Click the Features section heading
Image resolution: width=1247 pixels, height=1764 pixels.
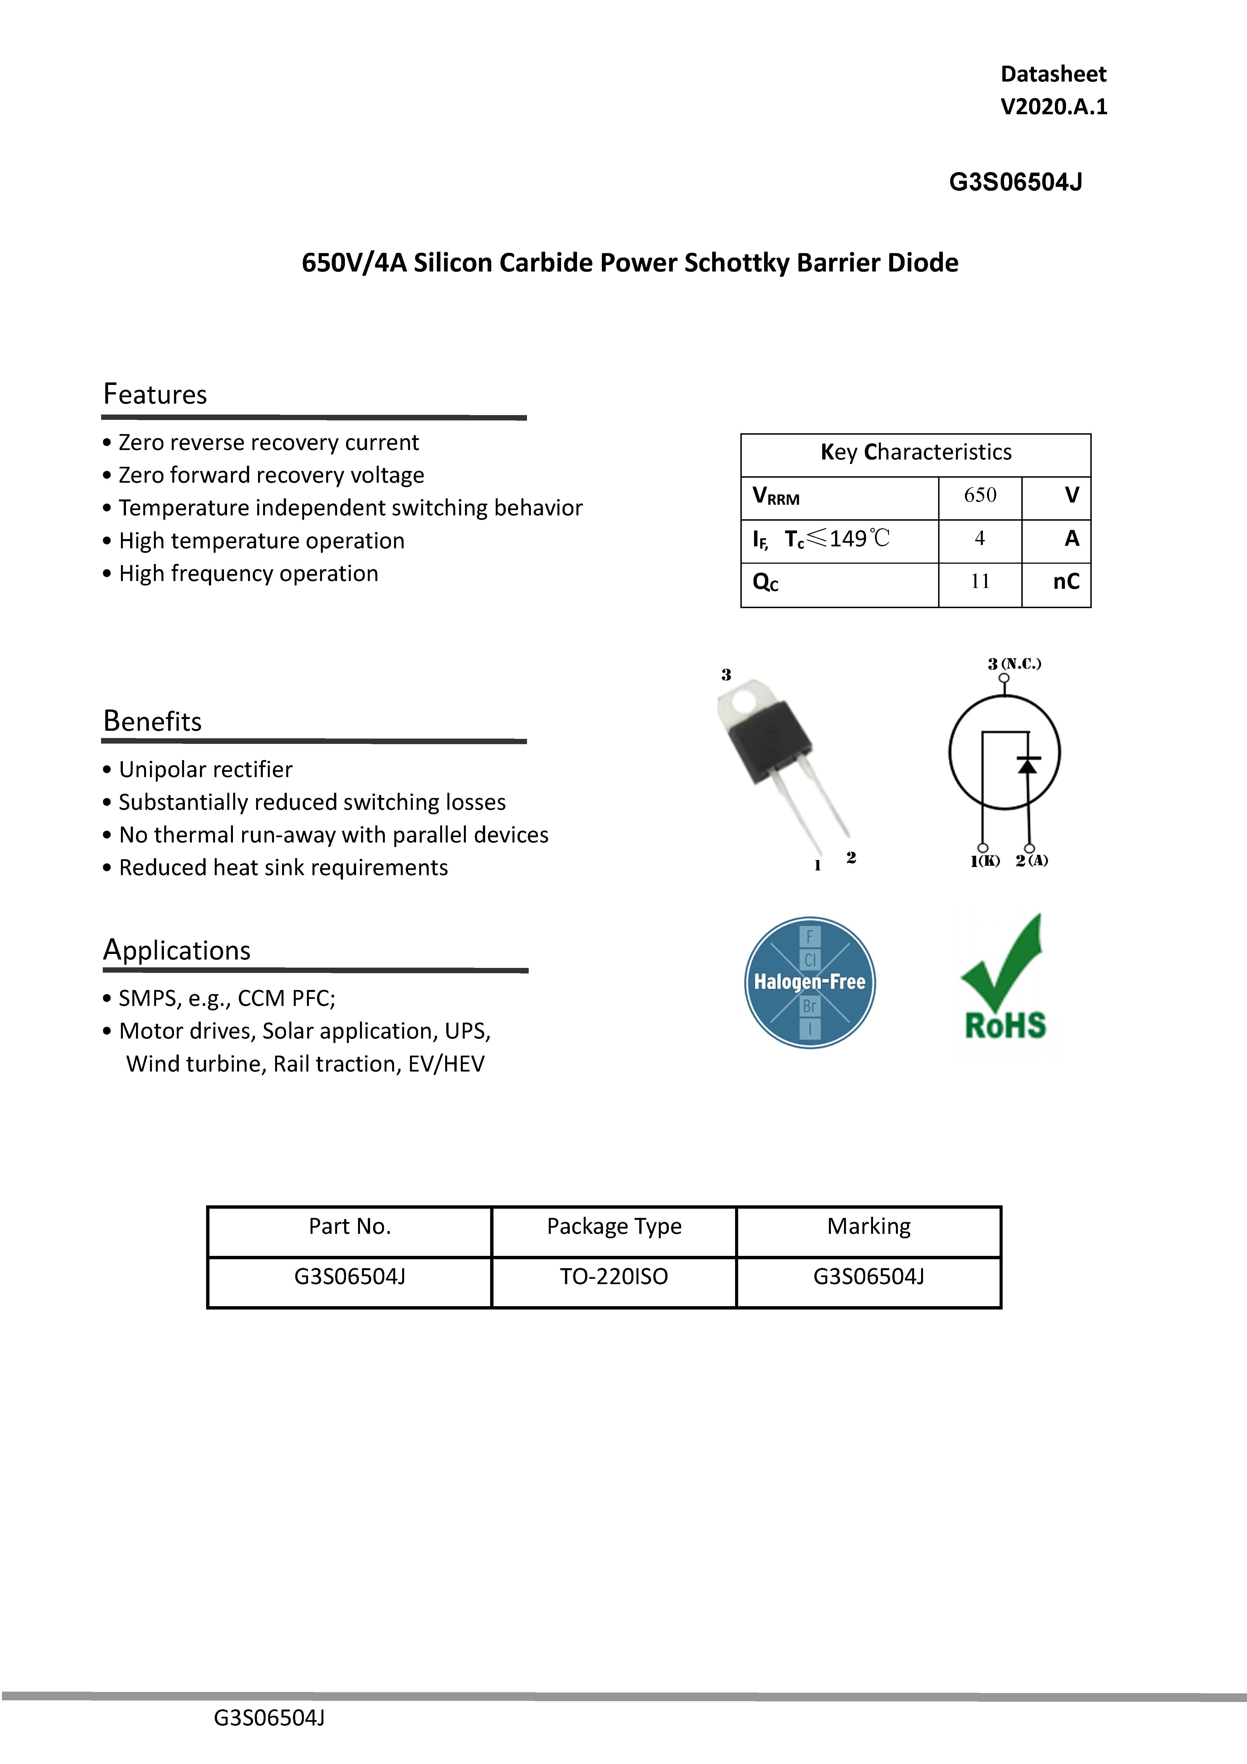[155, 394]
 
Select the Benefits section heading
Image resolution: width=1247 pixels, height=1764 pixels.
[152, 722]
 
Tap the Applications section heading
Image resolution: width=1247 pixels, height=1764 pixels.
[177, 950]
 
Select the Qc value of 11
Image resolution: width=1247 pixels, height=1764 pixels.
[980, 582]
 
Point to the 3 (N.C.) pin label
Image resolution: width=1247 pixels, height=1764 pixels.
[1014, 664]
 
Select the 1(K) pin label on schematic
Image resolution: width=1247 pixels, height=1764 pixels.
[984, 861]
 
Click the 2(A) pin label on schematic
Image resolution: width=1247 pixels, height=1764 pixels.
[1031, 861]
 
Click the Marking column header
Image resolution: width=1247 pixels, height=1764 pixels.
[868, 1226]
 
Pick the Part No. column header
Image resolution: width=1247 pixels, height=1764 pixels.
[350, 1226]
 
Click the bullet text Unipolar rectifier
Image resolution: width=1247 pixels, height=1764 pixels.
[205, 770]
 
